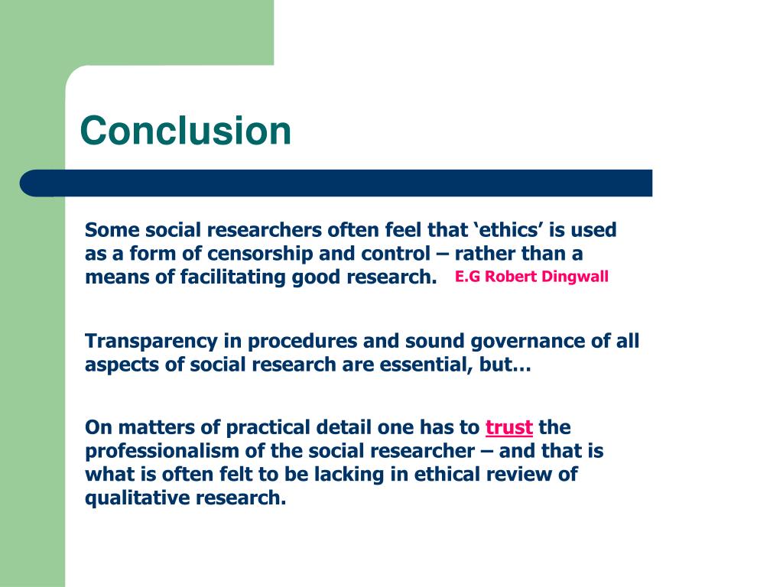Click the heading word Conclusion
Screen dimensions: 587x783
[x=186, y=130]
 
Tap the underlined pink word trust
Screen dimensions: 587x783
[x=509, y=426]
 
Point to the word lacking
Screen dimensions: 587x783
[x=371, y=475]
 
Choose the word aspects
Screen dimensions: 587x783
[x=122, y=365]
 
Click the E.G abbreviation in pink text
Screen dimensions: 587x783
[x=467, y=277]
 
